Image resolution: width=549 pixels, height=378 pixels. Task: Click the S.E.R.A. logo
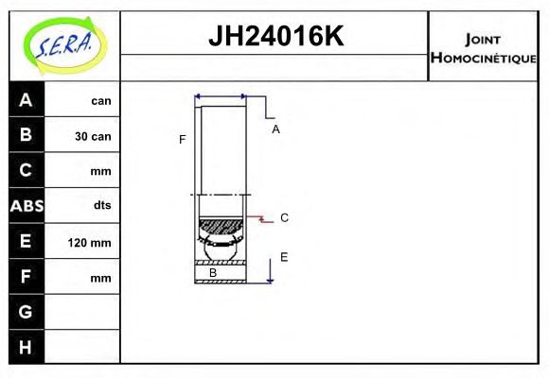pos(64,43)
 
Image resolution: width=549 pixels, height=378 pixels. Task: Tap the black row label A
pos(26,100)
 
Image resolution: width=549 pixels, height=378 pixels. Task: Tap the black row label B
pos(26,135)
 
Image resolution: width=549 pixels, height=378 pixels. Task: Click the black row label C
pos(26,171)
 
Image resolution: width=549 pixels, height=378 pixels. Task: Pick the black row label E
pos(26,242)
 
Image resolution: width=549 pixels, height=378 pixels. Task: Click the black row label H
pos(26,348)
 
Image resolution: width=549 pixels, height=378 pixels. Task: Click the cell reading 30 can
pos(92,136)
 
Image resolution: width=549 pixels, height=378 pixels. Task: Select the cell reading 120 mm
pos(90,243)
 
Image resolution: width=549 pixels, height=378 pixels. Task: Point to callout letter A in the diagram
pos(275,129)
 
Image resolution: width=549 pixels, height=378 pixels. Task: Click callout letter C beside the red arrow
pos(284,217)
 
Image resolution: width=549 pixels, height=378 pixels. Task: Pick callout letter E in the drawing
pos(283,256)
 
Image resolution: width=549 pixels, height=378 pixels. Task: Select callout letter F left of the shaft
pos(182,140)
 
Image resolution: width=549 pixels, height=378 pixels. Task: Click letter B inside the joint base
pos(213,273)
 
